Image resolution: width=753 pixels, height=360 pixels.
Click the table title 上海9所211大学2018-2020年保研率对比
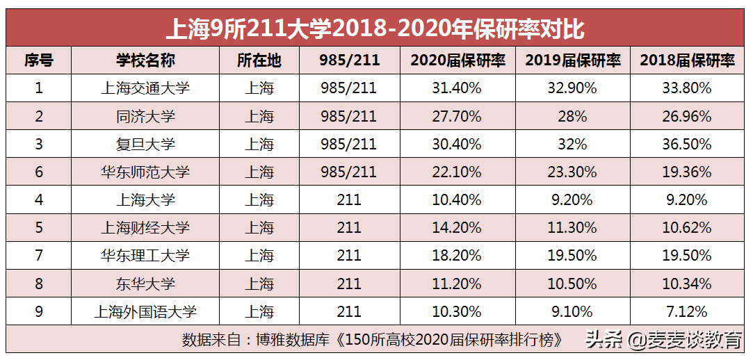pos(375,28)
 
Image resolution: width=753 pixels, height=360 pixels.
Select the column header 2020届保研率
pos(458,60)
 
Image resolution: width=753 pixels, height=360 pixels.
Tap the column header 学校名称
pos(145,60)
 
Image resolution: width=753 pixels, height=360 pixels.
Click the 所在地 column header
pos(259,60)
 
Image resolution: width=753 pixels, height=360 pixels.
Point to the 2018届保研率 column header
pos(687,60)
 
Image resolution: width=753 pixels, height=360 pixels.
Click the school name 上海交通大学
pos(145,88)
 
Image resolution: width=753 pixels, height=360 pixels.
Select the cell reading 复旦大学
pos(145,144)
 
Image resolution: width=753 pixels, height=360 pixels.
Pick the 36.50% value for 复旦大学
pos(687,144)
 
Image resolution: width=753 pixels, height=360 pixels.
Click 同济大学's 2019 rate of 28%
pos(572,116)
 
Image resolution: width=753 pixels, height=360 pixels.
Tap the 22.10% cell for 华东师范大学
pos(457,172)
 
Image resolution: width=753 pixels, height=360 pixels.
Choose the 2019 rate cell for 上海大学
pos(572,200)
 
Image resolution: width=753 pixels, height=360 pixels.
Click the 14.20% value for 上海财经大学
pos(457,228)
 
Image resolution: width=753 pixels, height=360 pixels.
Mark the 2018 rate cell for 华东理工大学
pos(687,256)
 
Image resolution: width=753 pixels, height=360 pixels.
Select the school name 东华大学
pos(145,284)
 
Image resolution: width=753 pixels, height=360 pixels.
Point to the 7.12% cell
pos(687,311)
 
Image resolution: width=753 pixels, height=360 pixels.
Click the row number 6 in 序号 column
pos(39,172)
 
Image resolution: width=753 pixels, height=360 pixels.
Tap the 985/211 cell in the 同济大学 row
pos(348,116)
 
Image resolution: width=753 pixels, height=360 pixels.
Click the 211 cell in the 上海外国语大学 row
pos(348,311)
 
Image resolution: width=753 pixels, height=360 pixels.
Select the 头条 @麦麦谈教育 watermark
pos(663,340)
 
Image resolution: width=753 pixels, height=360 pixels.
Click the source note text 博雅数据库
pos(295,340)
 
